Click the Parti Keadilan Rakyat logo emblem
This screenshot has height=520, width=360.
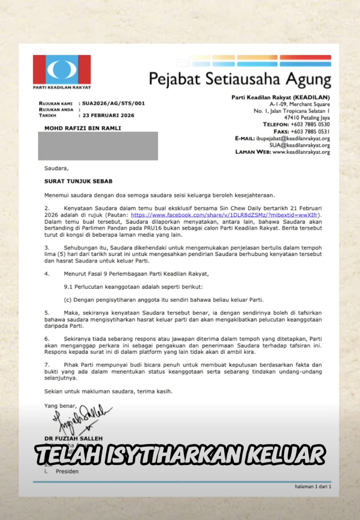tap(62, 70)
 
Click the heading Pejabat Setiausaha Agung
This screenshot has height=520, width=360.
tap(240, 79)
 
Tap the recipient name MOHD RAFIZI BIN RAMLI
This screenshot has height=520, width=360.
tap(83, 128)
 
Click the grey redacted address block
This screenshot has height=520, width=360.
tap(98, 146)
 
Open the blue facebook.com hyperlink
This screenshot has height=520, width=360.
tap(224, 214)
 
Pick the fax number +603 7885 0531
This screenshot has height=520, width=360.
tap(310, 131)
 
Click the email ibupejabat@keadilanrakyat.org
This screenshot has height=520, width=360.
tap(294, 138)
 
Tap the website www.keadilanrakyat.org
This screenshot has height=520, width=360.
tap(301, 152)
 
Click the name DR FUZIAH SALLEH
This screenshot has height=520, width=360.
tap(74, 438)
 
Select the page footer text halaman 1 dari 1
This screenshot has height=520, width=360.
tap(312, 487)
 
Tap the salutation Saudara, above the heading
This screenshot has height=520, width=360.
tap(56, 168)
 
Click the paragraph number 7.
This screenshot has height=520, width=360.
tap(46, 365)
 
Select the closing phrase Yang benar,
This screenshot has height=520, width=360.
tap(61, 405)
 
